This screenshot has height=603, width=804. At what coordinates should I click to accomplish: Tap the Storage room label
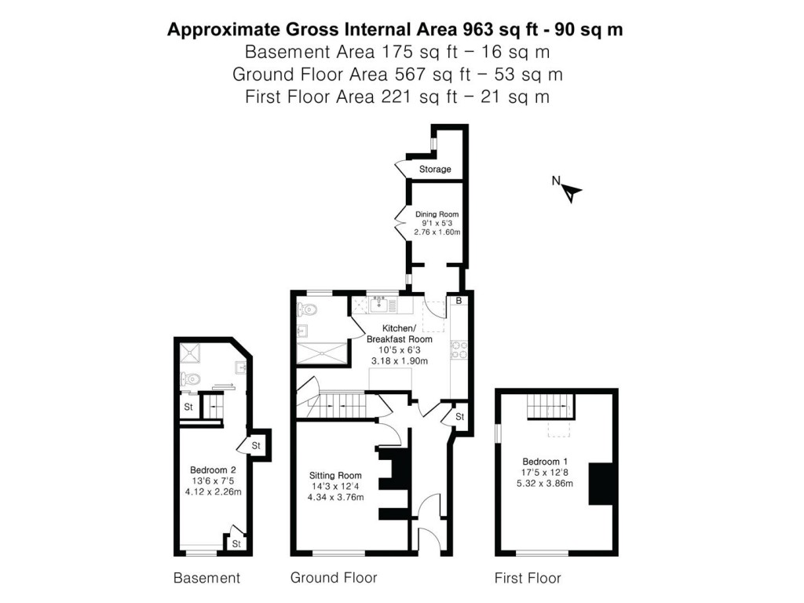pos(434,170)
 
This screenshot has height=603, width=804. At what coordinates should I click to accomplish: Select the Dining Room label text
pos(437,214)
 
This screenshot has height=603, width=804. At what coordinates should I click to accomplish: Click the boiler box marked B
pos(459,301)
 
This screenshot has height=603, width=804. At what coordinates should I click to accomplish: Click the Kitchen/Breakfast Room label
pos(399,333)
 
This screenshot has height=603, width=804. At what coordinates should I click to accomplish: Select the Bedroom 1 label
pos(544,462)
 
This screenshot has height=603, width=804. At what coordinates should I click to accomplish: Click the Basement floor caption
pos(206,579)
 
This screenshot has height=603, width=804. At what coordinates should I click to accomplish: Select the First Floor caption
pos(528,579)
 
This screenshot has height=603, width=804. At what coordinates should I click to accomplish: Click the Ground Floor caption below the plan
pos(334,578)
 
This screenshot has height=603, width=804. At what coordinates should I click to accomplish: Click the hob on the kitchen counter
pos(459,349)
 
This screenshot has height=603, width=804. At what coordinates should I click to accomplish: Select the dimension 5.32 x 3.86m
pos(544,484)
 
